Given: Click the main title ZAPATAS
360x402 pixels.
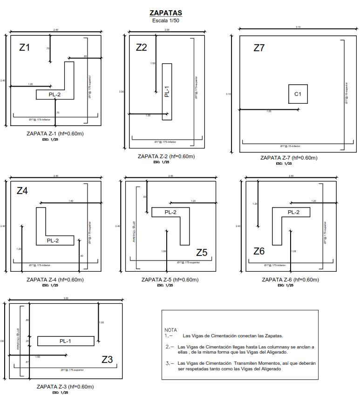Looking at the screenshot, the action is (x=166, y=13).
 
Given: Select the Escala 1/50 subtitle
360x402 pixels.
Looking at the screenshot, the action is (x=166, y=20).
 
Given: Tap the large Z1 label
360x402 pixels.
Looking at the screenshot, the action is (x=25, y=47).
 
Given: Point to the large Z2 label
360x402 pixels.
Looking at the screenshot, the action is (x=142, y=47).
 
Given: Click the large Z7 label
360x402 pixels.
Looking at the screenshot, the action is (x=259, y=47).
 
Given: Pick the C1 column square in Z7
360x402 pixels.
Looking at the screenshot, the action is (x=298, y=94).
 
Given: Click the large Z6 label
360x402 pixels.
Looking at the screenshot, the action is (x=259, y=251).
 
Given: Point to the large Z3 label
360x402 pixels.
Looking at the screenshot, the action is (x=107, y=359).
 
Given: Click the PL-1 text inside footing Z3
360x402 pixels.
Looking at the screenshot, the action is (x=66, y=341).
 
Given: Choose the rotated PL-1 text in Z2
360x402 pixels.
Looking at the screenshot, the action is (x=167, y=92).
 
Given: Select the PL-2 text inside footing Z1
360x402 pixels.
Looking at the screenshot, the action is (x=54, y=95).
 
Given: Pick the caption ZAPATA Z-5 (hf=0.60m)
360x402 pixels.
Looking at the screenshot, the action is (x=170, y=280).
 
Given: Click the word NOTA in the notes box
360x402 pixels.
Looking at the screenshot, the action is (x=171, y=329).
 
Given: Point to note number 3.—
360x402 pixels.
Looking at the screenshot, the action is (x=170, y=363).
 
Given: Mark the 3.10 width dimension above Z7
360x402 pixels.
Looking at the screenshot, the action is (x=298, y=27).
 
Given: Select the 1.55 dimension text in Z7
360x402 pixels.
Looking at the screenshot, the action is (x=269, y=112).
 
